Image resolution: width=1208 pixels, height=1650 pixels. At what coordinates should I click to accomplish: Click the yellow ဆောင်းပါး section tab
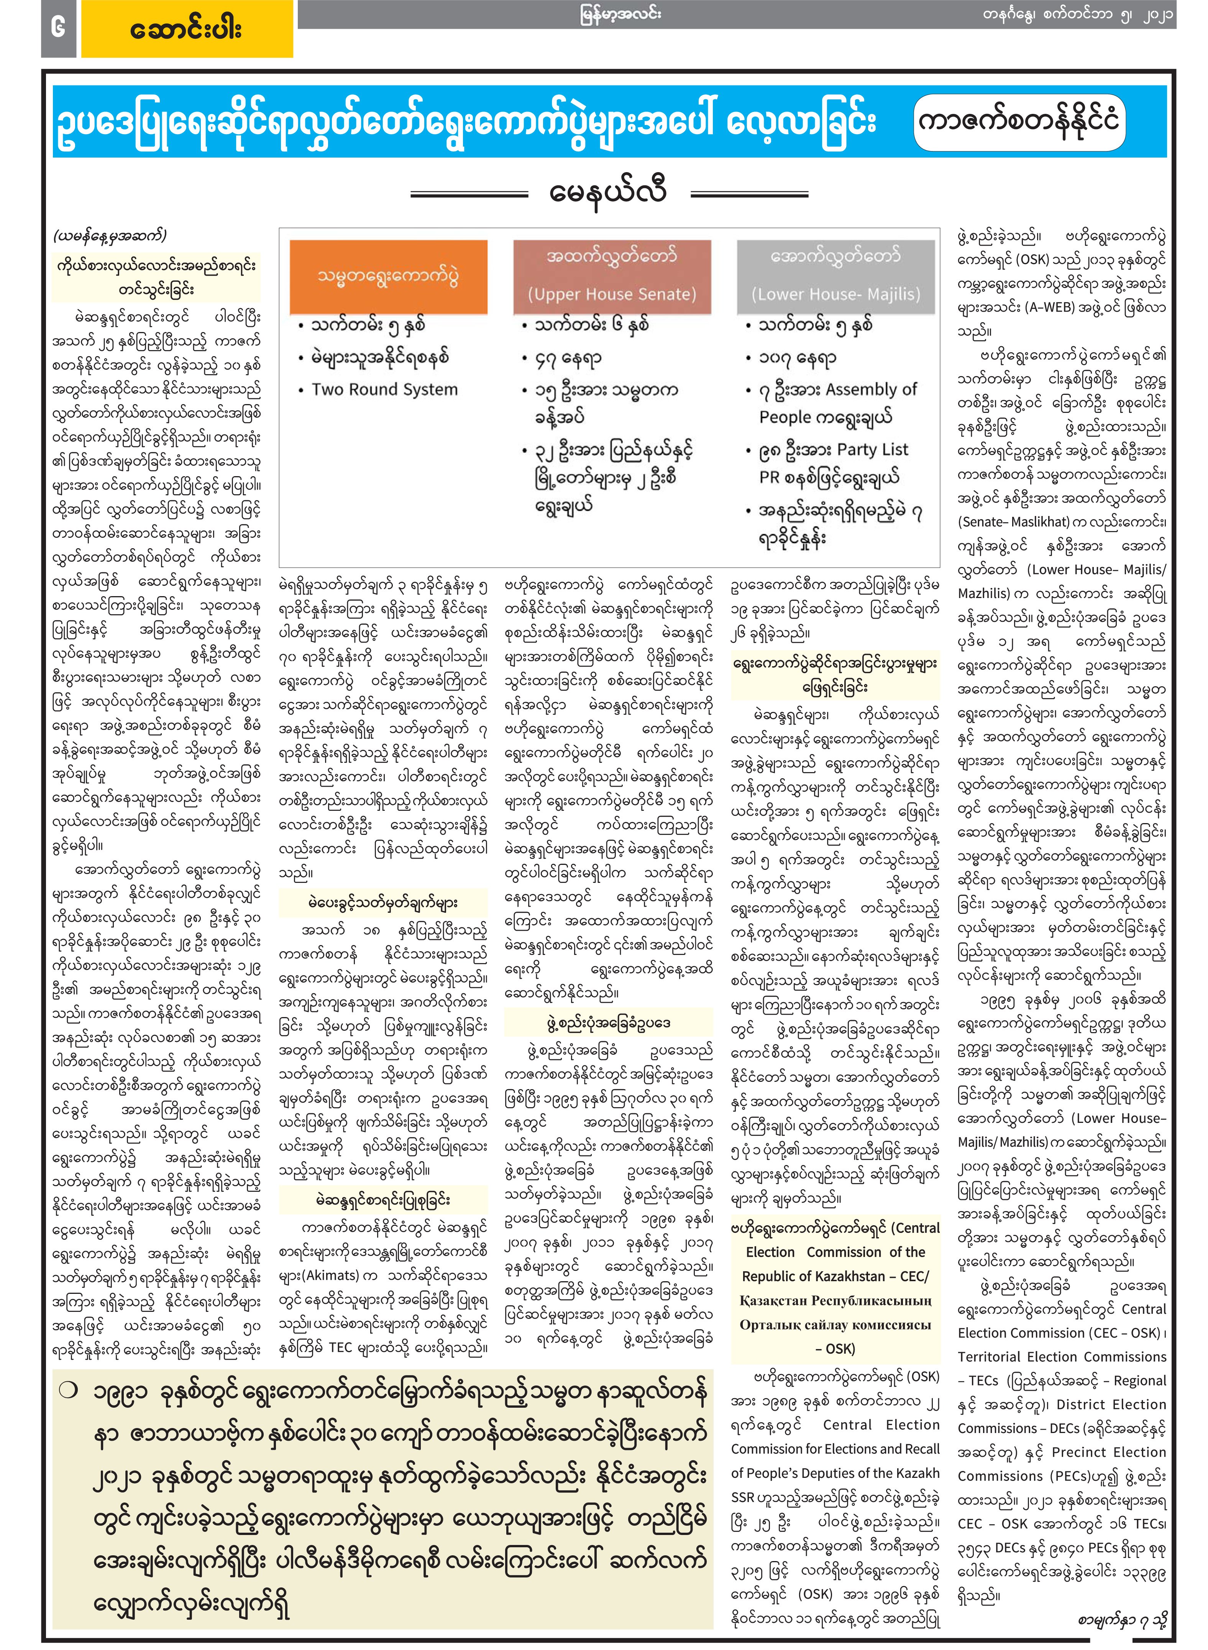[x=187, y=29]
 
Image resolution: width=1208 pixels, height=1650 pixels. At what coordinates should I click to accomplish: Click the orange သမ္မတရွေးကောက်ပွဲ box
[x=388, y=276]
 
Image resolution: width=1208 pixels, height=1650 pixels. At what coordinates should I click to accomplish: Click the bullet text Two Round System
[x=385, y=389]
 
